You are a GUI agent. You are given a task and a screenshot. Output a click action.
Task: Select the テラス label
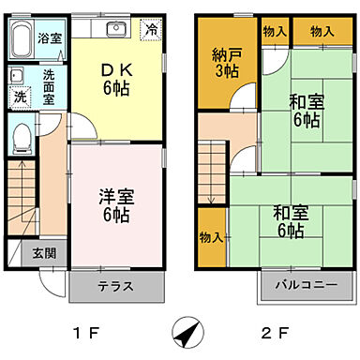coord(114,287)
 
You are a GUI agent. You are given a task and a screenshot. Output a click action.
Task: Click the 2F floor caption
coord(272,331)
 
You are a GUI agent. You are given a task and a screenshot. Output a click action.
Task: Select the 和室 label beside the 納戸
coord(280,112)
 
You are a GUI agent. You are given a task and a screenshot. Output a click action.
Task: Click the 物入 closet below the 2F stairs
coord(211,237)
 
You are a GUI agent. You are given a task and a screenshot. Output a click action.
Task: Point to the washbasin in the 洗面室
coord(18,76)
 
